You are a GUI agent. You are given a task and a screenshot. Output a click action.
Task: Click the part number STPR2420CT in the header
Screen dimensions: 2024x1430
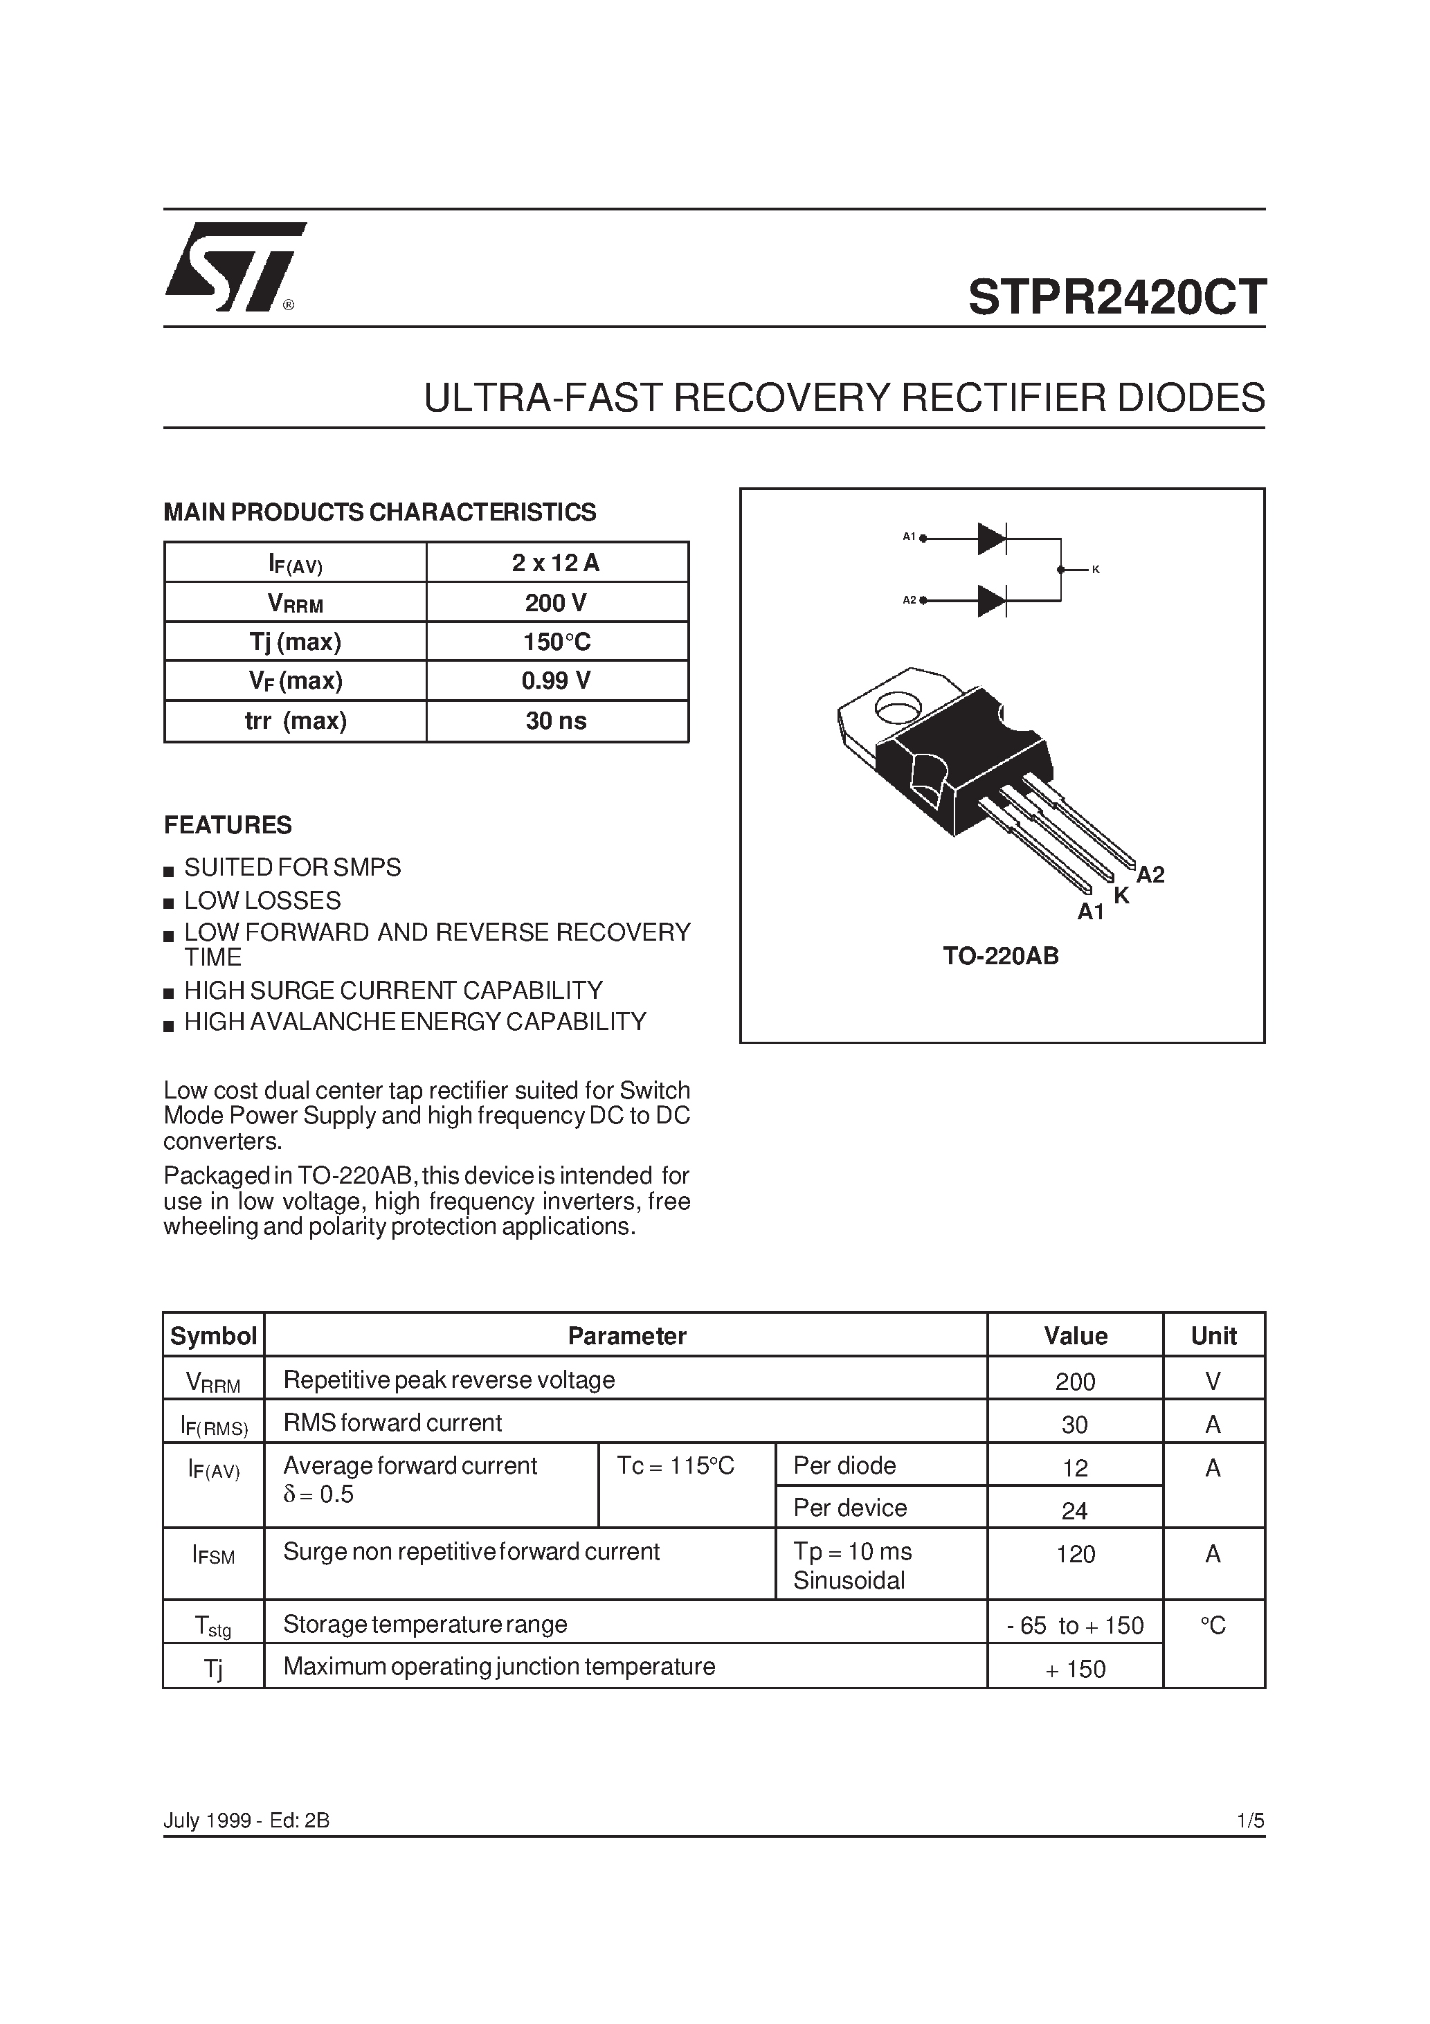tap(1116, 297)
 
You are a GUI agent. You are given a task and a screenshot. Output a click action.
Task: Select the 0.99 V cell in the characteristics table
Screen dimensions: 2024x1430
tap(556, 680)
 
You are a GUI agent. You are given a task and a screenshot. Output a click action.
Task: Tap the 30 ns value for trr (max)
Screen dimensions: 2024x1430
tap(556, 721)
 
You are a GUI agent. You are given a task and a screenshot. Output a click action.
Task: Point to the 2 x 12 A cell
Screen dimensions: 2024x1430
tap(556, 563)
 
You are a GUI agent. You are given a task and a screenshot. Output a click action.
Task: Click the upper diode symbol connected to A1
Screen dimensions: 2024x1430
tap(992, 538)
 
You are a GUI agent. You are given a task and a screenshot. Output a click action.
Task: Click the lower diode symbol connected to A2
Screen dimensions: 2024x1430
tap(992, 602)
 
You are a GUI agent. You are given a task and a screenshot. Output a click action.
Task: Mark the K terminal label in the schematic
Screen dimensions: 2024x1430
tap(1096, 570)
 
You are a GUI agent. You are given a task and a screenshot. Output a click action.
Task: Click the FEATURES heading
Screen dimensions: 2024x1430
tap(228, 825)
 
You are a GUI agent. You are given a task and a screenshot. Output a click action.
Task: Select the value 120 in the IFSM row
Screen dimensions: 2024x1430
tap(1075, 1554)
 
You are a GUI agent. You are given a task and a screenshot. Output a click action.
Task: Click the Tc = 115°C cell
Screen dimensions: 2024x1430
tap(676, 1465)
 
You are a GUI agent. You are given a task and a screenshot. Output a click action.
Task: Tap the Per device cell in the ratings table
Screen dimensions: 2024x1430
tap(850, 1508)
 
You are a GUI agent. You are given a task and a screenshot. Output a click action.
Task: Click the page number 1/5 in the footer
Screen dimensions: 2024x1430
tap(1250, 1820)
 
